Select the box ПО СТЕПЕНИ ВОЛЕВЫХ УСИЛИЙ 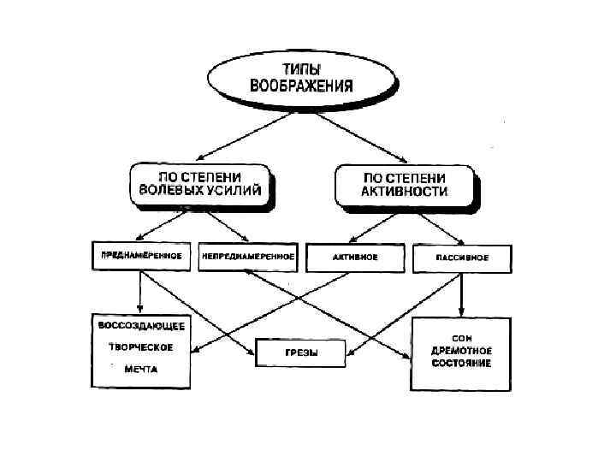[x=204, y=184]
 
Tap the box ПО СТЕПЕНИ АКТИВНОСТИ [x=404, y=183]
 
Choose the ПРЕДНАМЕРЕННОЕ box [x=140, y=256]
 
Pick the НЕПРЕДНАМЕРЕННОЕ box [x=247, y=257]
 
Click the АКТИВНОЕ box [x=355, y=257]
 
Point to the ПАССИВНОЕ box [x=462, y=257]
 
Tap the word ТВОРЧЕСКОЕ [x=140, y=347]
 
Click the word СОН [x=462, y=337]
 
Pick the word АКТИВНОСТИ [x=404, y=192]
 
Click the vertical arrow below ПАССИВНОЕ [x=462, y=294]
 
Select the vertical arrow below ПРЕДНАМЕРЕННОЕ [x=139, y=291]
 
